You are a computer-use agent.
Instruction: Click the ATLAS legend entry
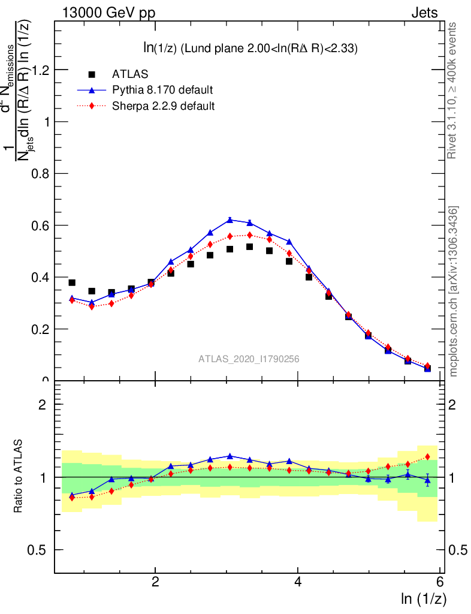(x=130, y=74)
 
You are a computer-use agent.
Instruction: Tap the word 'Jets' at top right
(x=424, y=13)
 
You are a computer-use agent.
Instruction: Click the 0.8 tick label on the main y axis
(x=40, y=174)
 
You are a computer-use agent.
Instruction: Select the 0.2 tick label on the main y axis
(x=40, y=329)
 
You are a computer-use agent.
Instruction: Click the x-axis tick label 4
(x=298, y=582)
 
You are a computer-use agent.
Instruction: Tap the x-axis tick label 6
(x=440, y=582)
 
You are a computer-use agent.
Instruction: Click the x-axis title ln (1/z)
(x=424, y=598)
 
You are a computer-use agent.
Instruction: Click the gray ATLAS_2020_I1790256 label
(x=249, y=359)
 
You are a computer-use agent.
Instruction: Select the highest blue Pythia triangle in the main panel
(x=230, y=220)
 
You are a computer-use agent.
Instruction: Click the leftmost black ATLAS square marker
(x=72, y=282)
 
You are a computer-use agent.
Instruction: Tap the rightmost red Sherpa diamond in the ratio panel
(x=427, y=457)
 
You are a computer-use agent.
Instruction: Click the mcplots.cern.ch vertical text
(x=454, y=291)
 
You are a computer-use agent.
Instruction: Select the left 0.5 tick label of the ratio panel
(x=40, y=550)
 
